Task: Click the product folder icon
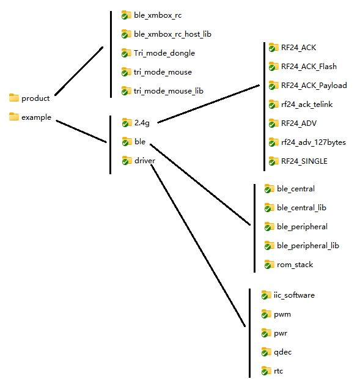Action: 14,98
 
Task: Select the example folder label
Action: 36,117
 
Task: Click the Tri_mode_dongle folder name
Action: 164,53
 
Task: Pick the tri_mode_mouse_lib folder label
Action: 169,91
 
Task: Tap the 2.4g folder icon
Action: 127,122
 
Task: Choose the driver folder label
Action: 145,161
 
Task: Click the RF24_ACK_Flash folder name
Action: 309,67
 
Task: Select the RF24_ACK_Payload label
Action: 314,86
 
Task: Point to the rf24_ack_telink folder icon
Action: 274,105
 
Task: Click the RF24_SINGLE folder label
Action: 304,161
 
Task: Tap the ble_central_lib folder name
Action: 301,208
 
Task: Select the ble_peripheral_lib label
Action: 308,246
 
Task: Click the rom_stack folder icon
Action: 270,265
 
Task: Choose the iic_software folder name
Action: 294,295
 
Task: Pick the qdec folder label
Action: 283,352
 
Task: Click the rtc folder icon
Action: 266,371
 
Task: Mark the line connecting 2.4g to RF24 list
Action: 208,104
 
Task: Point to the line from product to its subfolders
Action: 79,71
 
